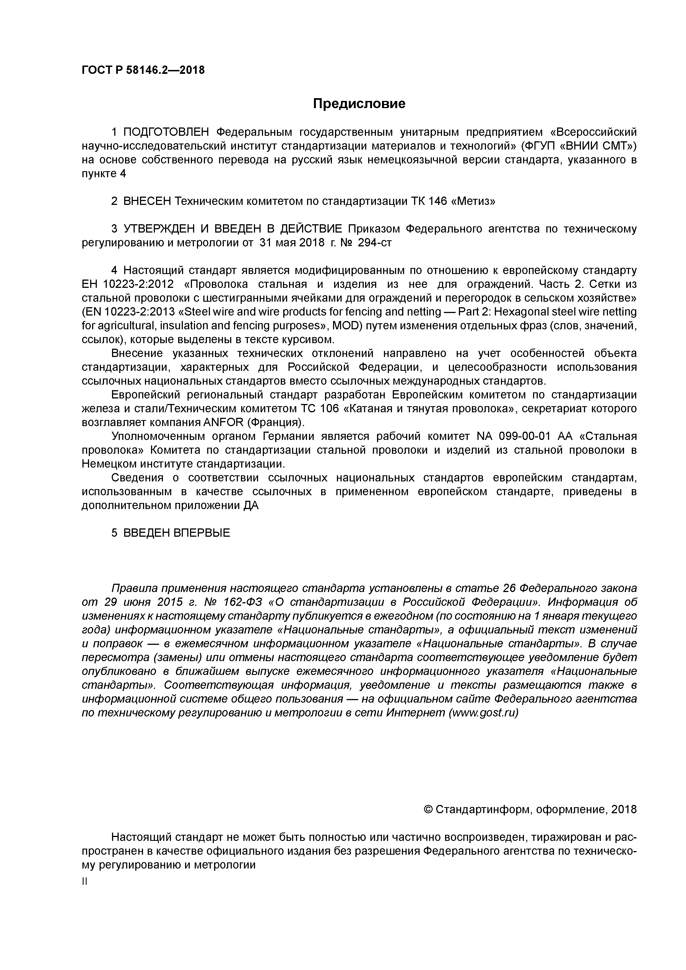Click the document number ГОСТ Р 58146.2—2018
coord(143,70)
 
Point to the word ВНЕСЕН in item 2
coord(147,202)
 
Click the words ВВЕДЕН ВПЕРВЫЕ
coord(177,533)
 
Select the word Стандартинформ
coord(481,809)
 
